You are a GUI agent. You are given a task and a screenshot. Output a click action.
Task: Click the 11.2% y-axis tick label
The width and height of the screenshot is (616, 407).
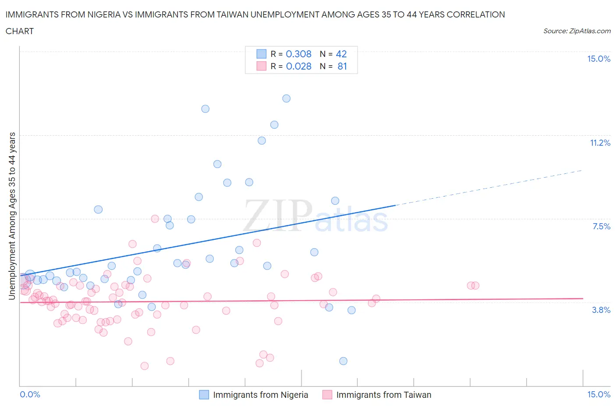coord(600,143)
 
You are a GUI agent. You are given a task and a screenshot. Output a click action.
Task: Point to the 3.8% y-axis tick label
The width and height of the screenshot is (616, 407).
coord(601,310)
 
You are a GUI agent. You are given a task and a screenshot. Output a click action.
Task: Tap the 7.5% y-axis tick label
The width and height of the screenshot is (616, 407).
coord(601,226)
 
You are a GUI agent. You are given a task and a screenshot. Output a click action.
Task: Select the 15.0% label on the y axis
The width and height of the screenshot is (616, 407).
coord(598,59)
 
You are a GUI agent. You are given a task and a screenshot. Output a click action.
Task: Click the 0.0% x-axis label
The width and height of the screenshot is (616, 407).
coord(30,394)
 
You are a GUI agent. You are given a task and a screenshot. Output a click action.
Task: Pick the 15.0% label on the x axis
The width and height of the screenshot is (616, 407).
coord(598,394)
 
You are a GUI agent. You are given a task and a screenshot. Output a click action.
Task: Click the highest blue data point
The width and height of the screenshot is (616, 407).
coord(286,98)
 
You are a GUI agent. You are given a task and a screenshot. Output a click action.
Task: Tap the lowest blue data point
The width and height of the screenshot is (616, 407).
coord(343,361)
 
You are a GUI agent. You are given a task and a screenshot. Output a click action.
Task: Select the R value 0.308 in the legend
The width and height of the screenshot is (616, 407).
coord(298,54)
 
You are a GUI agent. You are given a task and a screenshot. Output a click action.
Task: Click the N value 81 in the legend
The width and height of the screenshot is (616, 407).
coord(342,66)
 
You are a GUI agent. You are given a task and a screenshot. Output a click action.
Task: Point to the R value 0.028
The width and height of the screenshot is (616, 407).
coord(298,66)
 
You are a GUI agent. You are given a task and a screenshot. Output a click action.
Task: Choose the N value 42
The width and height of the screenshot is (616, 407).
coord(341,54)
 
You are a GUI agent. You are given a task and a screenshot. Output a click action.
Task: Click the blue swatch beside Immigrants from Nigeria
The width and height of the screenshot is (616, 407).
coord(204,395)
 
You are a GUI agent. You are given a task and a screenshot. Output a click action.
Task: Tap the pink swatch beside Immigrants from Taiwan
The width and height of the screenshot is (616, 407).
coord(327,395)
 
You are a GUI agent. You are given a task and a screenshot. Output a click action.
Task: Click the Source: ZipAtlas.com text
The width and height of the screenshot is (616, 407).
coord(577,31)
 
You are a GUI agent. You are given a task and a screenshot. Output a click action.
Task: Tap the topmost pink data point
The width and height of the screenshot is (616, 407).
coord(155,219)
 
